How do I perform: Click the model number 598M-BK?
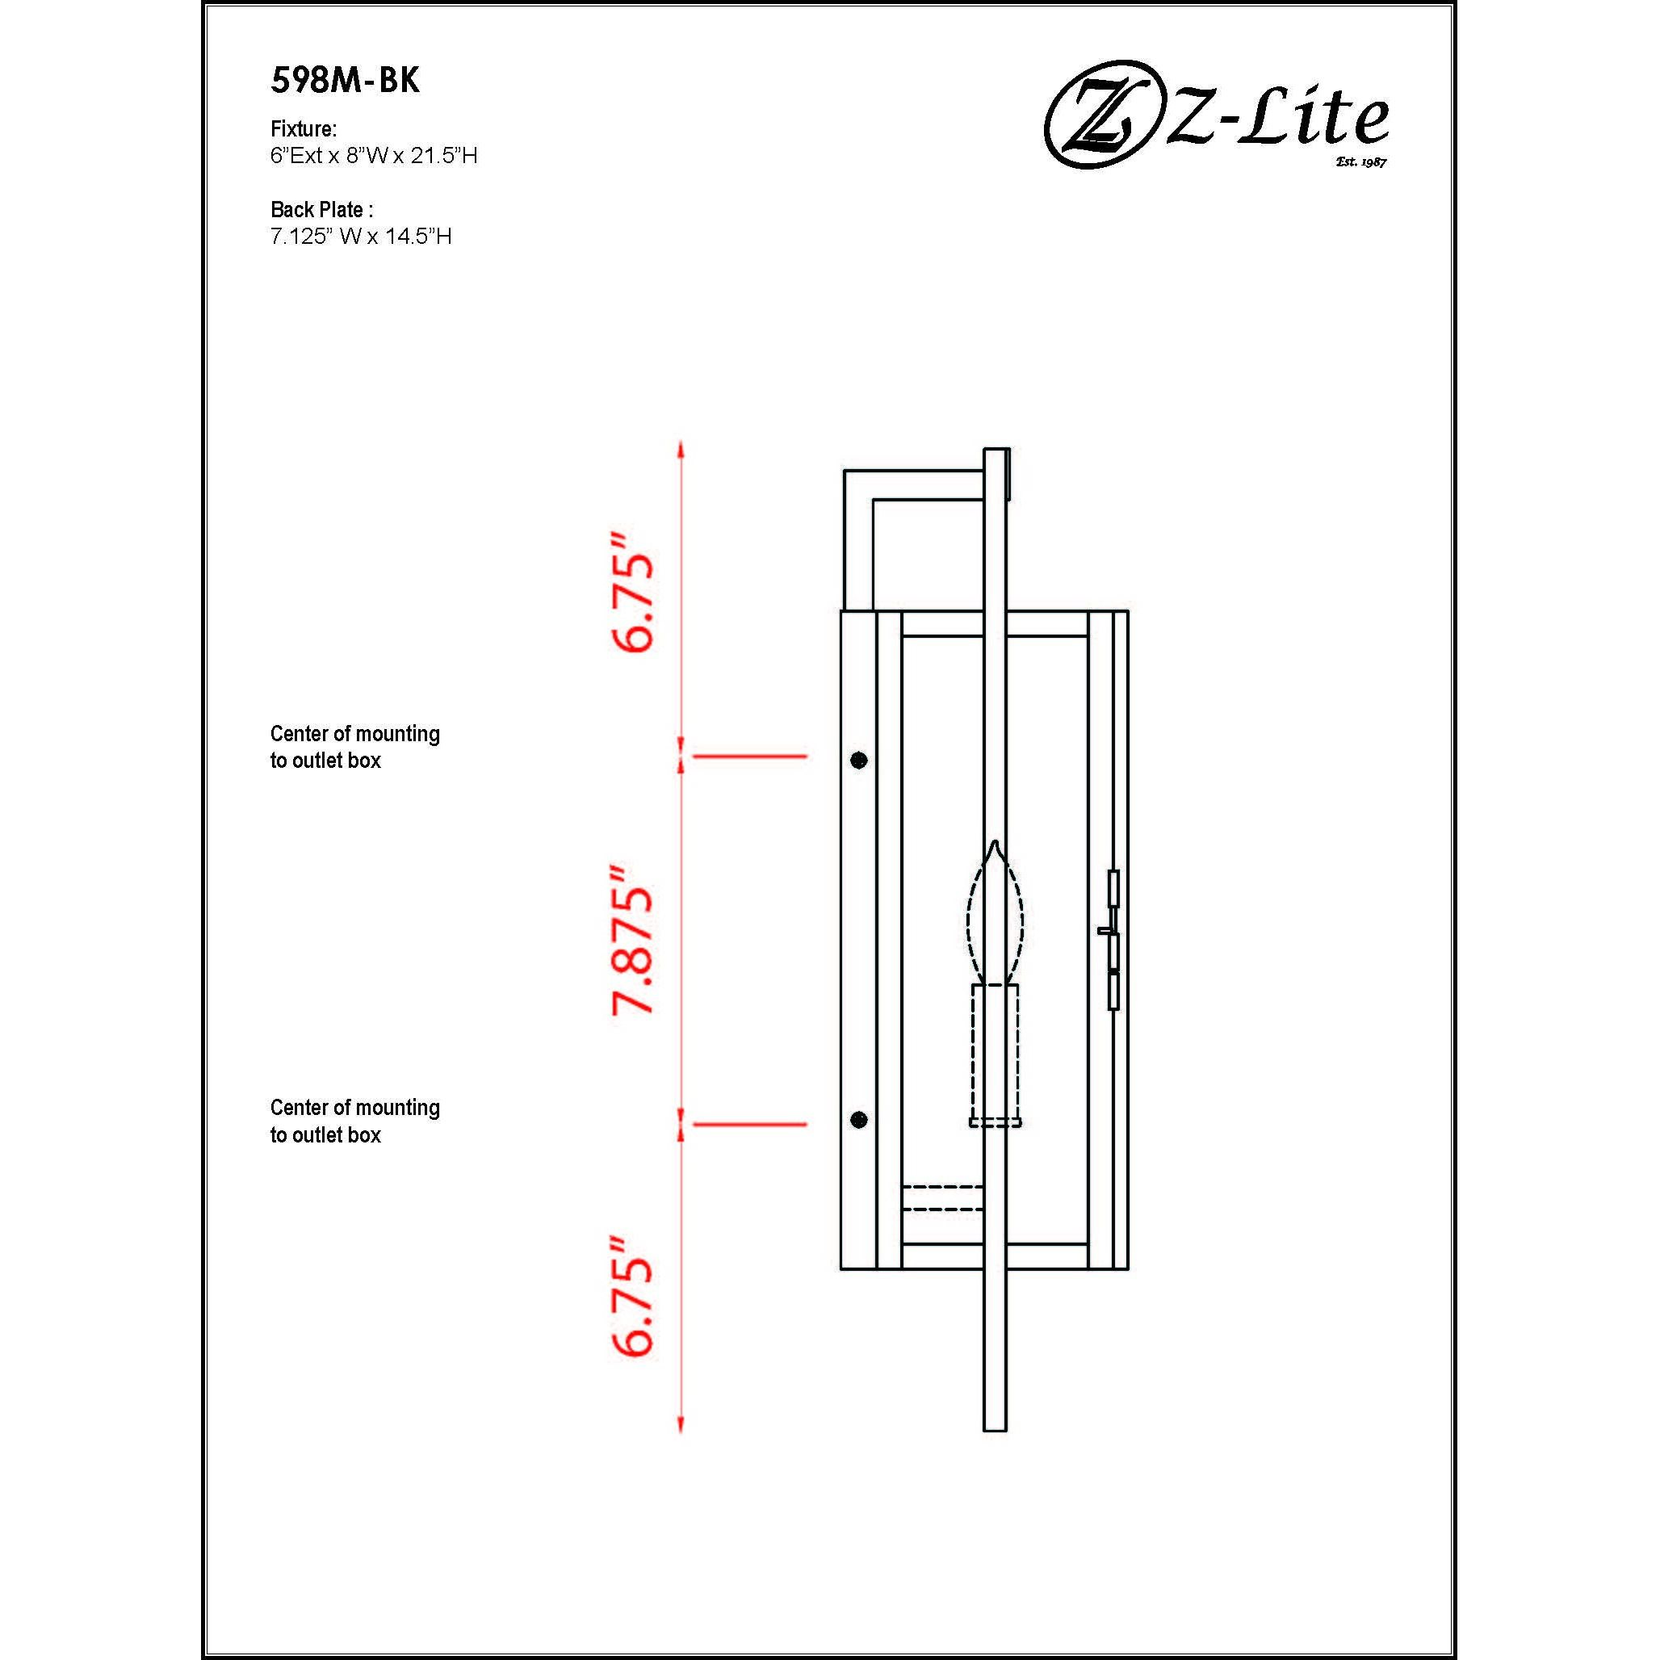click(x=345, y=80)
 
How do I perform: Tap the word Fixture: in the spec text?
click(x=304, y=129)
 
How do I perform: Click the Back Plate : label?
click(x=321, y=210)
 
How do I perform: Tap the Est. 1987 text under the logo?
click(x=1361, y=161)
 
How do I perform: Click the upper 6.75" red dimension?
click(x=633, y=593)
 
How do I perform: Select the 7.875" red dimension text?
click(x=633, y=940)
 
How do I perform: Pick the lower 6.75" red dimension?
click(x=633, y=1297)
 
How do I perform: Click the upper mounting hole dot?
click(x=858, y=760)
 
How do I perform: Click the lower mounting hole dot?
click(x=858, y=1119)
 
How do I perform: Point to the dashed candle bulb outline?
click(x=994, y=915)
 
